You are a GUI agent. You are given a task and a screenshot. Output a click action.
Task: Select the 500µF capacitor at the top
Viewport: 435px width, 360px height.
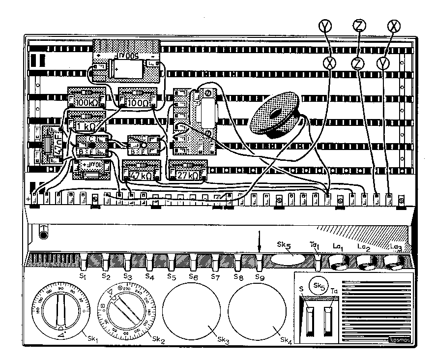point(126,61)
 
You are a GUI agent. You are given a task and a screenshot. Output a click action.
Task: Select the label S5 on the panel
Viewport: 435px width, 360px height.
point(171,277)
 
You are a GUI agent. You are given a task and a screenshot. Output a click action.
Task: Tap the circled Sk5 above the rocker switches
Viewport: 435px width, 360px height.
point(319,285)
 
